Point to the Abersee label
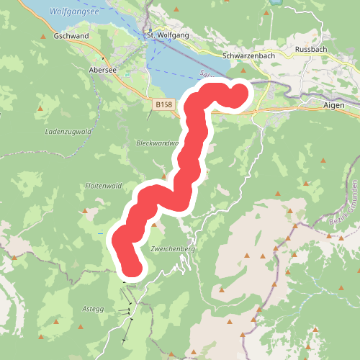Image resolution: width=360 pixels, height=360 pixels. coord(102,70)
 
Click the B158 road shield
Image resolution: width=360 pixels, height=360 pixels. coord(164,105)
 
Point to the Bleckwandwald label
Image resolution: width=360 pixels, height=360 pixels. coord(156,143)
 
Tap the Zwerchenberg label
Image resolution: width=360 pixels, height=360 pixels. coord(173,248)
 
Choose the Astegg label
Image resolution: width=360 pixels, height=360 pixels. coord(94,308)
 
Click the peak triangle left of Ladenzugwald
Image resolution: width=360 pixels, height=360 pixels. coord(41,109)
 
